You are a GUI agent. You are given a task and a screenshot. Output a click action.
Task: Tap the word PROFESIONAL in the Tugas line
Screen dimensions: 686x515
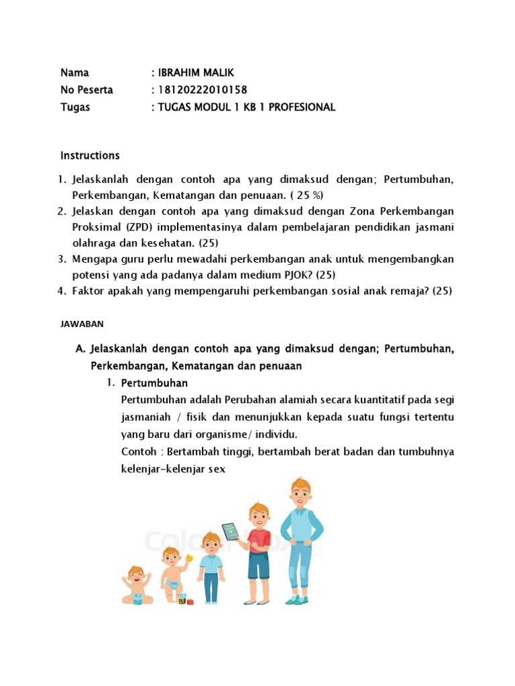[x=304, y=107]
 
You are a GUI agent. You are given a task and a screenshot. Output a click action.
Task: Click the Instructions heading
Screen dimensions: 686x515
[x=90, y=155]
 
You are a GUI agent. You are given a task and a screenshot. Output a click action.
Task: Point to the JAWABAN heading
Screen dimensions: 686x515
[x=82, y=324]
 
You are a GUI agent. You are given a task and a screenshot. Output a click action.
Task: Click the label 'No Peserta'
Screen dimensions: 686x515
[x=87, y=90]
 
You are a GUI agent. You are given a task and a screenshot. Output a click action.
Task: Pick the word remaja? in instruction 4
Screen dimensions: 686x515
[x=407, y=291]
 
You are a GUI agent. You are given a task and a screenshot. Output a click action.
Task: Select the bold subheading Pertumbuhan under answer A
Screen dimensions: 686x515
[x=154, y=383]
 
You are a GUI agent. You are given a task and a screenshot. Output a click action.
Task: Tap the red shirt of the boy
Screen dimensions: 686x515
[x=260, y=539]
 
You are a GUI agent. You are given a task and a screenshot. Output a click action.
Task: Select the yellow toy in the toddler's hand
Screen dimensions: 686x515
[x=190, y=558]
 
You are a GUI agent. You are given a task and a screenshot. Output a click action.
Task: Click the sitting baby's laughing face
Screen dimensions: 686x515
[x=135, y=574]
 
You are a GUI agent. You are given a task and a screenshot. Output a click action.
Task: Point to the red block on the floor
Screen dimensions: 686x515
[x=190, y=602]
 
